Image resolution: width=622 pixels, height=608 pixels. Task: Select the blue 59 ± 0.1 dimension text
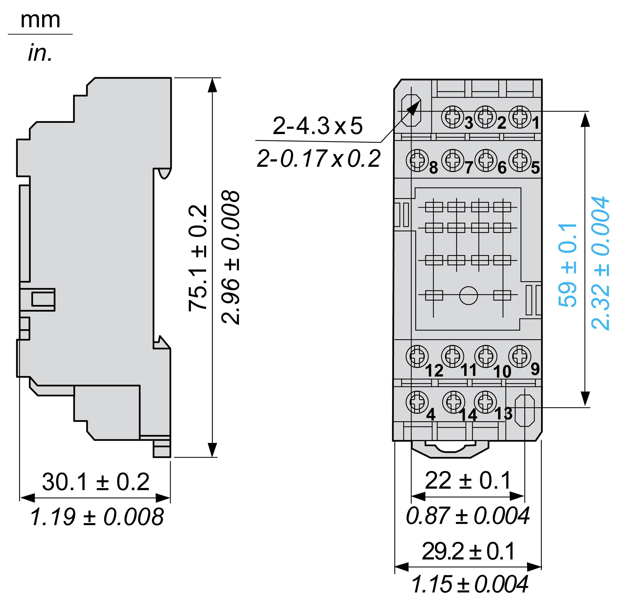point(567,265)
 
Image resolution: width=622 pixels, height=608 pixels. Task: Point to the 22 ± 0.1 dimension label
point(468,480)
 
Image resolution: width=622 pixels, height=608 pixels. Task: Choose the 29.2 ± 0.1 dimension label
point(468,551)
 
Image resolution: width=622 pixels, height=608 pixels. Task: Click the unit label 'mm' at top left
point(40,21)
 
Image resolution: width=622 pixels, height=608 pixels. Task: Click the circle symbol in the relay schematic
point(468,296)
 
